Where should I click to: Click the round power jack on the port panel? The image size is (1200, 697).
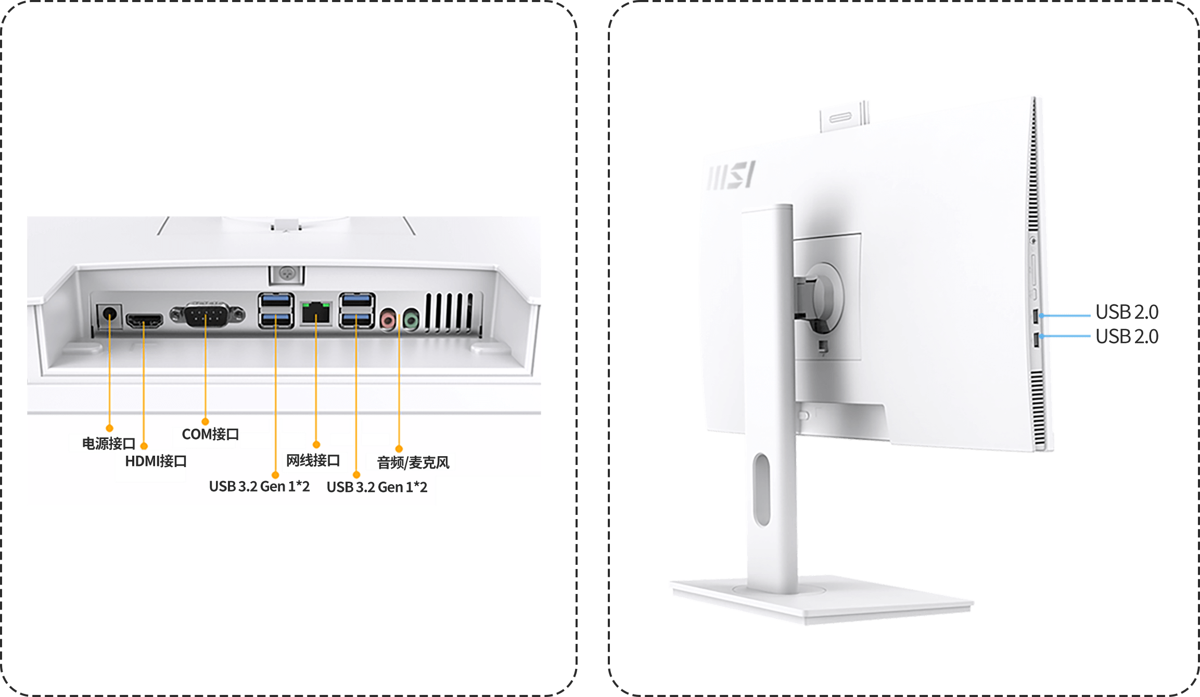coord(110,315)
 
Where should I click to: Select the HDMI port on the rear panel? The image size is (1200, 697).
coord(145,320)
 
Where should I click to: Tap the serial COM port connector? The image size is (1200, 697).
coord(207,315)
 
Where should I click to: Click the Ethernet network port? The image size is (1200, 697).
coord(316,313)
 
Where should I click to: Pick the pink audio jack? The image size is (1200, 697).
coord(388,318)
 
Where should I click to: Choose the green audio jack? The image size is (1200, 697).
coord(411,318)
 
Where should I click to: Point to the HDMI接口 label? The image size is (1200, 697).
coord(155,461)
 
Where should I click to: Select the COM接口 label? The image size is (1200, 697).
coord(209,435)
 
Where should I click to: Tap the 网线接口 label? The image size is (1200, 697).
coord(313,461)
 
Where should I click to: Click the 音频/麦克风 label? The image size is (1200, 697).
coord(413,462)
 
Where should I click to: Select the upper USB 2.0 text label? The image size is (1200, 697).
coord(1127,312)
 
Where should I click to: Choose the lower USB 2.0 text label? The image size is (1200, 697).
coord(1127,337)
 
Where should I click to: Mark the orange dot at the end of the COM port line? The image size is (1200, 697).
coord(205,422)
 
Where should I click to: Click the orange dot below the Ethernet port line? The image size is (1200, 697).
coord(316,445)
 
